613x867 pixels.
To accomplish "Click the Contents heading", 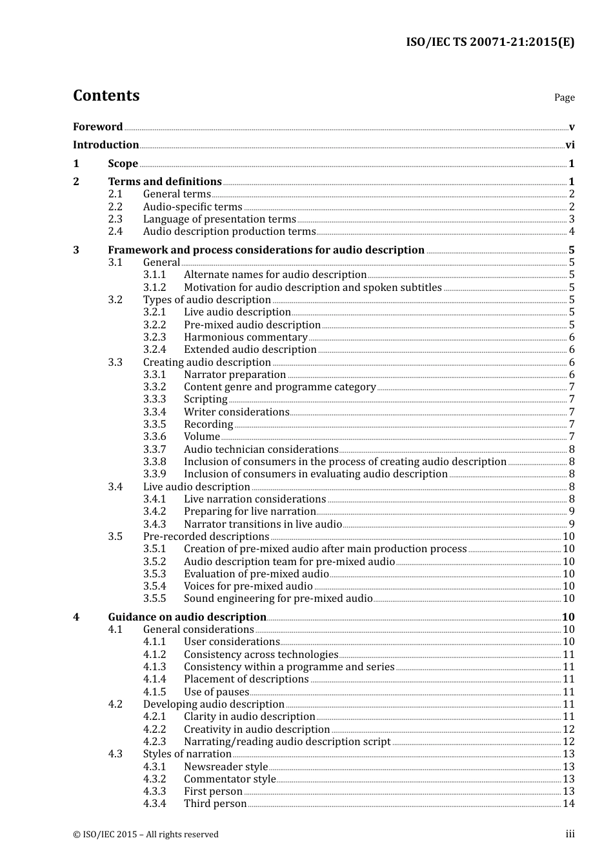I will click(x=106, y=95).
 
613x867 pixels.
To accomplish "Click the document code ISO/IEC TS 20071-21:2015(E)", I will click(x=490, y=43).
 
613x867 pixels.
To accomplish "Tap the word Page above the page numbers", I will click(x=564, y=97).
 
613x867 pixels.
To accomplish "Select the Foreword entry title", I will click(x=97, y=126).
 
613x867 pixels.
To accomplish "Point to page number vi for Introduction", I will click(x=570, y=145).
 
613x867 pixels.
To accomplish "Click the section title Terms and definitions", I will click(x=165, y=182).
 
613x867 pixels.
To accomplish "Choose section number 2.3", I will click(x=115, y=219).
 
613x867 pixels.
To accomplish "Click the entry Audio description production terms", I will click(x=229, y=232).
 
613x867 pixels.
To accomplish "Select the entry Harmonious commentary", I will click(x=245, y=337).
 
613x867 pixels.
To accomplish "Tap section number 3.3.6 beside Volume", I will click(x=154, y=437).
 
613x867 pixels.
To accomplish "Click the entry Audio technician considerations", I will click(x=261, y=450).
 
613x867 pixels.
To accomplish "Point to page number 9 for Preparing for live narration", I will click(x=571, y=512).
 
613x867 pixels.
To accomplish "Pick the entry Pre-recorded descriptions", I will click(x=206, y=537).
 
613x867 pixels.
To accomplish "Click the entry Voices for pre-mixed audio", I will click(x=248, y=586).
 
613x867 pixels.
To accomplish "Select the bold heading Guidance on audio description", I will click(x=187, y=617).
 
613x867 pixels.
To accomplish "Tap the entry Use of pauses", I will click(x=216, y=692).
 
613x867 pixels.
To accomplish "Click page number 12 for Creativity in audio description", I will click(x=568, y=730).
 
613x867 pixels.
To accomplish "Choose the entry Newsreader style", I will click(x=225, y=767).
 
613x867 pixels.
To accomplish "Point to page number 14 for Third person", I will click(x=568, y=804).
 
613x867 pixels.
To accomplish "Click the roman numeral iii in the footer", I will click(x=570, y=834).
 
